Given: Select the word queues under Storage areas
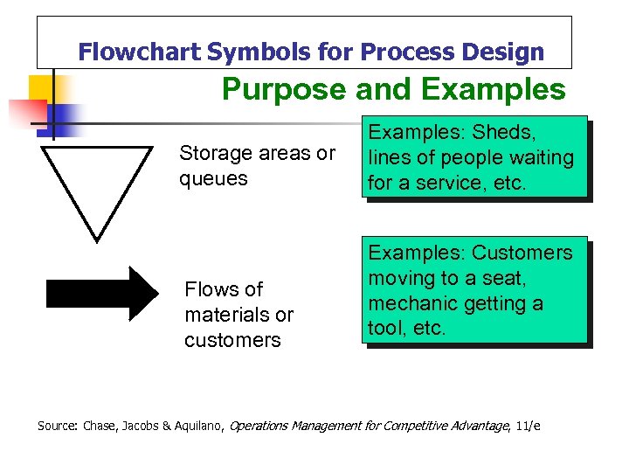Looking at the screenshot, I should pos(213,179).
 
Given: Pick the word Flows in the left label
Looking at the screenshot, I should pos(211,289).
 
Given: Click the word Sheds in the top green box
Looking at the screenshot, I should pos(504,133).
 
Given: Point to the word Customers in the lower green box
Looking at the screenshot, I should pos(522,253).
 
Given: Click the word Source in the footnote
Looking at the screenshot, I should pos(57,426).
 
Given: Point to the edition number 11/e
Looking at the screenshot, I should pos(527,426).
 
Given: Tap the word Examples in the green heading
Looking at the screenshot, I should pos(493,89).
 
